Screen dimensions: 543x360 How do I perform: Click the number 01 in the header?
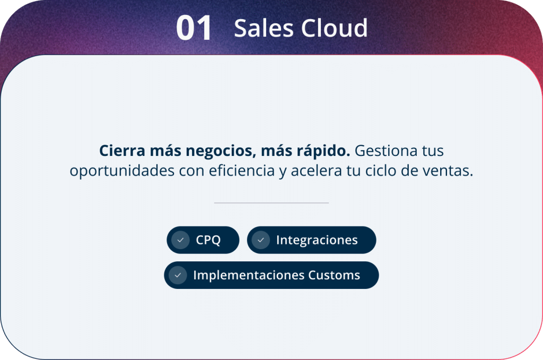click(x=194, y=28)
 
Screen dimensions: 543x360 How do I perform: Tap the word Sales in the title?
click(x=264, y=28)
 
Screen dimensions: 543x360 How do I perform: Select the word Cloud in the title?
click(x=334, y=28)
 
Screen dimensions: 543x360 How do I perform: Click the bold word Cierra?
click(x=122, y=151)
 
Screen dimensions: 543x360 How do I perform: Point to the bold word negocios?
click(x=221, y=151)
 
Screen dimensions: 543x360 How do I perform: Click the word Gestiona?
click(x=384, y=151)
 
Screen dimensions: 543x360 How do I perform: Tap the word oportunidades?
click(x=122, y=171)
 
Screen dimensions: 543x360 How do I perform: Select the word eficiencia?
click(x=242, y=170)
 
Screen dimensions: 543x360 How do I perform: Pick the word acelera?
click(x=316, y=171)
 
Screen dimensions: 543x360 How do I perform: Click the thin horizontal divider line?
click(x=271, y=203)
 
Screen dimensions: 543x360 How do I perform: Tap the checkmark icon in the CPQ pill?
click(x=180, y=240)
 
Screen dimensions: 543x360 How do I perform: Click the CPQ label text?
click(x=208, y=240)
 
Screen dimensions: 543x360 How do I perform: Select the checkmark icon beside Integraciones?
click(x=261, y=240)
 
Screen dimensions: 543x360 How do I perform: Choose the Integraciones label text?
click(x=317, y=240)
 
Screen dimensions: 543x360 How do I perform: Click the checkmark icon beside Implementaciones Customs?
click(x=178, y=275)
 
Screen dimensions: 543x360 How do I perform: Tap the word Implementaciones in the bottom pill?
click(x=249, y=275)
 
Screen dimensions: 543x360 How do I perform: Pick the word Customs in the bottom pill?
click(x=334, y=275)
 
